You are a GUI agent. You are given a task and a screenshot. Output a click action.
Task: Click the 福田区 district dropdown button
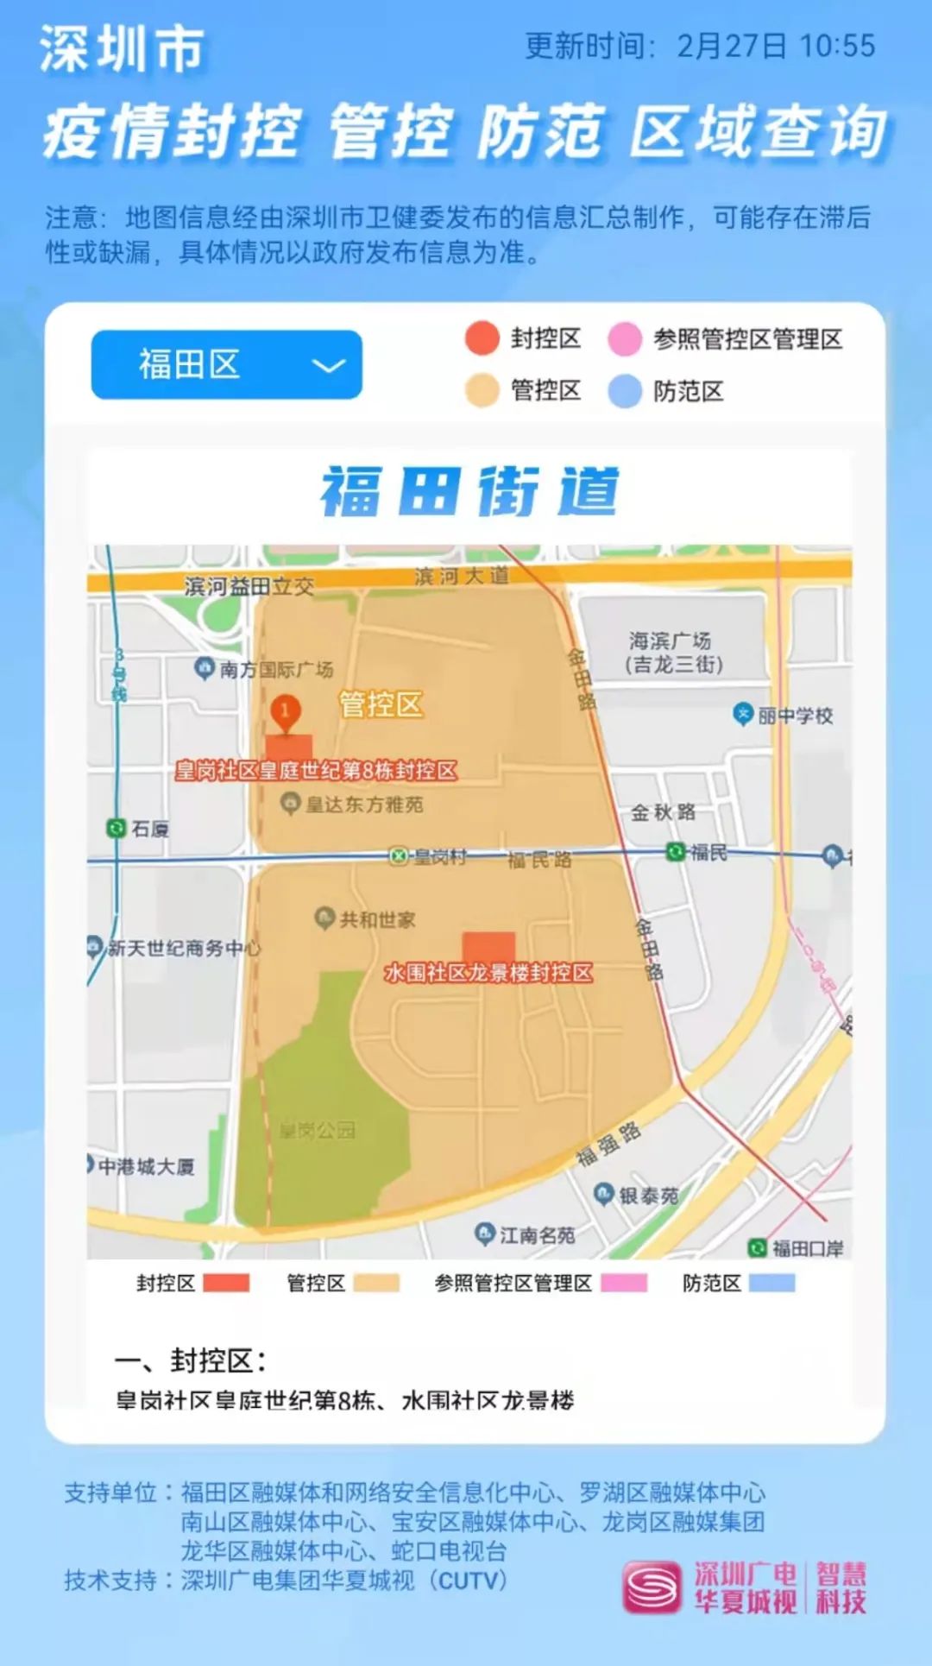[x=226, y=364]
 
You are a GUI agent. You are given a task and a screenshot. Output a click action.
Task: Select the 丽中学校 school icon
[x=743, y=714]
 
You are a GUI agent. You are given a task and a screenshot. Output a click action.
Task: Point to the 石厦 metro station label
[x=148, y=829]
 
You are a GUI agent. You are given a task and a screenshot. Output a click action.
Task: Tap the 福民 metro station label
[x=708, y=852]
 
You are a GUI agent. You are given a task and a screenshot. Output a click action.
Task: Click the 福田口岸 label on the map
[x=807, y=1247]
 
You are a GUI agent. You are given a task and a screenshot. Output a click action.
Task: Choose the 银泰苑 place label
[x=648, y=1196]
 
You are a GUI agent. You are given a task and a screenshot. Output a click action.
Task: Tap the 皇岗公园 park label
[x=318, y=1130]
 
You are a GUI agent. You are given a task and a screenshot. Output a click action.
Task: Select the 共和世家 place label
[x=376, y=919]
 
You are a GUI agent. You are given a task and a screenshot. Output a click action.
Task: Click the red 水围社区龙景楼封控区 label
[x=488, y=973]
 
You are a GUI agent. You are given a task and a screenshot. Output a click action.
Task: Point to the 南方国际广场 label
[x=275, y=669]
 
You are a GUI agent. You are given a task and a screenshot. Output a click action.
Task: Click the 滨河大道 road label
[x=462, y=576]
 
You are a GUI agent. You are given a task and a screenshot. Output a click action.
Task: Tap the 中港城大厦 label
[x=146, y=1166]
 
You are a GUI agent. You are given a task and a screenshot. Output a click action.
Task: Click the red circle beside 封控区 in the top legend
[x=482, y=338]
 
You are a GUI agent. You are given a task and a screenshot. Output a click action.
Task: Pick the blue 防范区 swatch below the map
[x=771, y=1283]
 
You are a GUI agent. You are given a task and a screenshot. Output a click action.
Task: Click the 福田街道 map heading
[x=470, y=492]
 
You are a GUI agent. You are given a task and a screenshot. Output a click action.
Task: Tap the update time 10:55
[x=837, y=46]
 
